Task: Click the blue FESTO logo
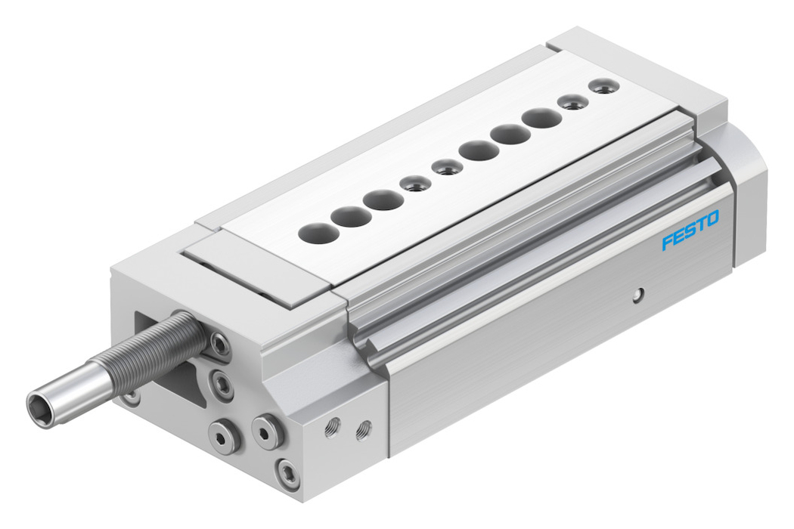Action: (690, 230)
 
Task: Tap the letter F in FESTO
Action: (668, 242)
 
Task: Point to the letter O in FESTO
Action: (712, 219)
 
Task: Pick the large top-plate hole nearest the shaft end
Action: (319, 233)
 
